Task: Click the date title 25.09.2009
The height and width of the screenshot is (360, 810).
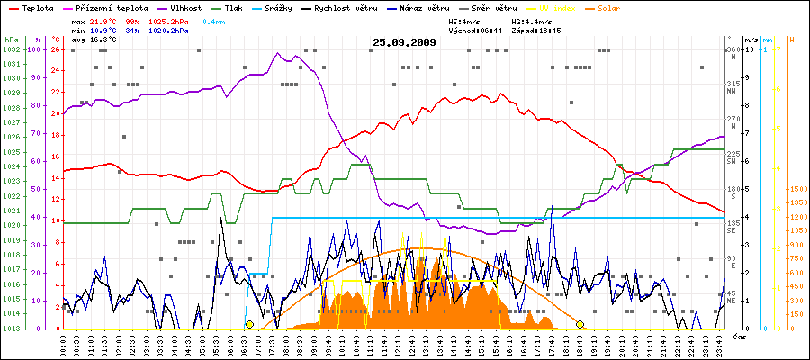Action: (x=404, y=42)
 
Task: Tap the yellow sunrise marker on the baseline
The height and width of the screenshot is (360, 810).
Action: (x=249, y=324)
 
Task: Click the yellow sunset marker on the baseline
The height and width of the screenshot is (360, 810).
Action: (x=580, y=324)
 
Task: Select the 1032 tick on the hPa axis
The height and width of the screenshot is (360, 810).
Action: (x=11, y=49)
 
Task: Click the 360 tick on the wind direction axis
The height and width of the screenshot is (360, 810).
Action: (x=733, y=49)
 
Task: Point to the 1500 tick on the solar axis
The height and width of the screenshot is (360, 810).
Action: (x=797, y=190)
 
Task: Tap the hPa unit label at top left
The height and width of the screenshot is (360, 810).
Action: (x=11, y=40)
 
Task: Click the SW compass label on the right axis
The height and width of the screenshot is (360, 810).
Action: (x=732, y=161)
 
